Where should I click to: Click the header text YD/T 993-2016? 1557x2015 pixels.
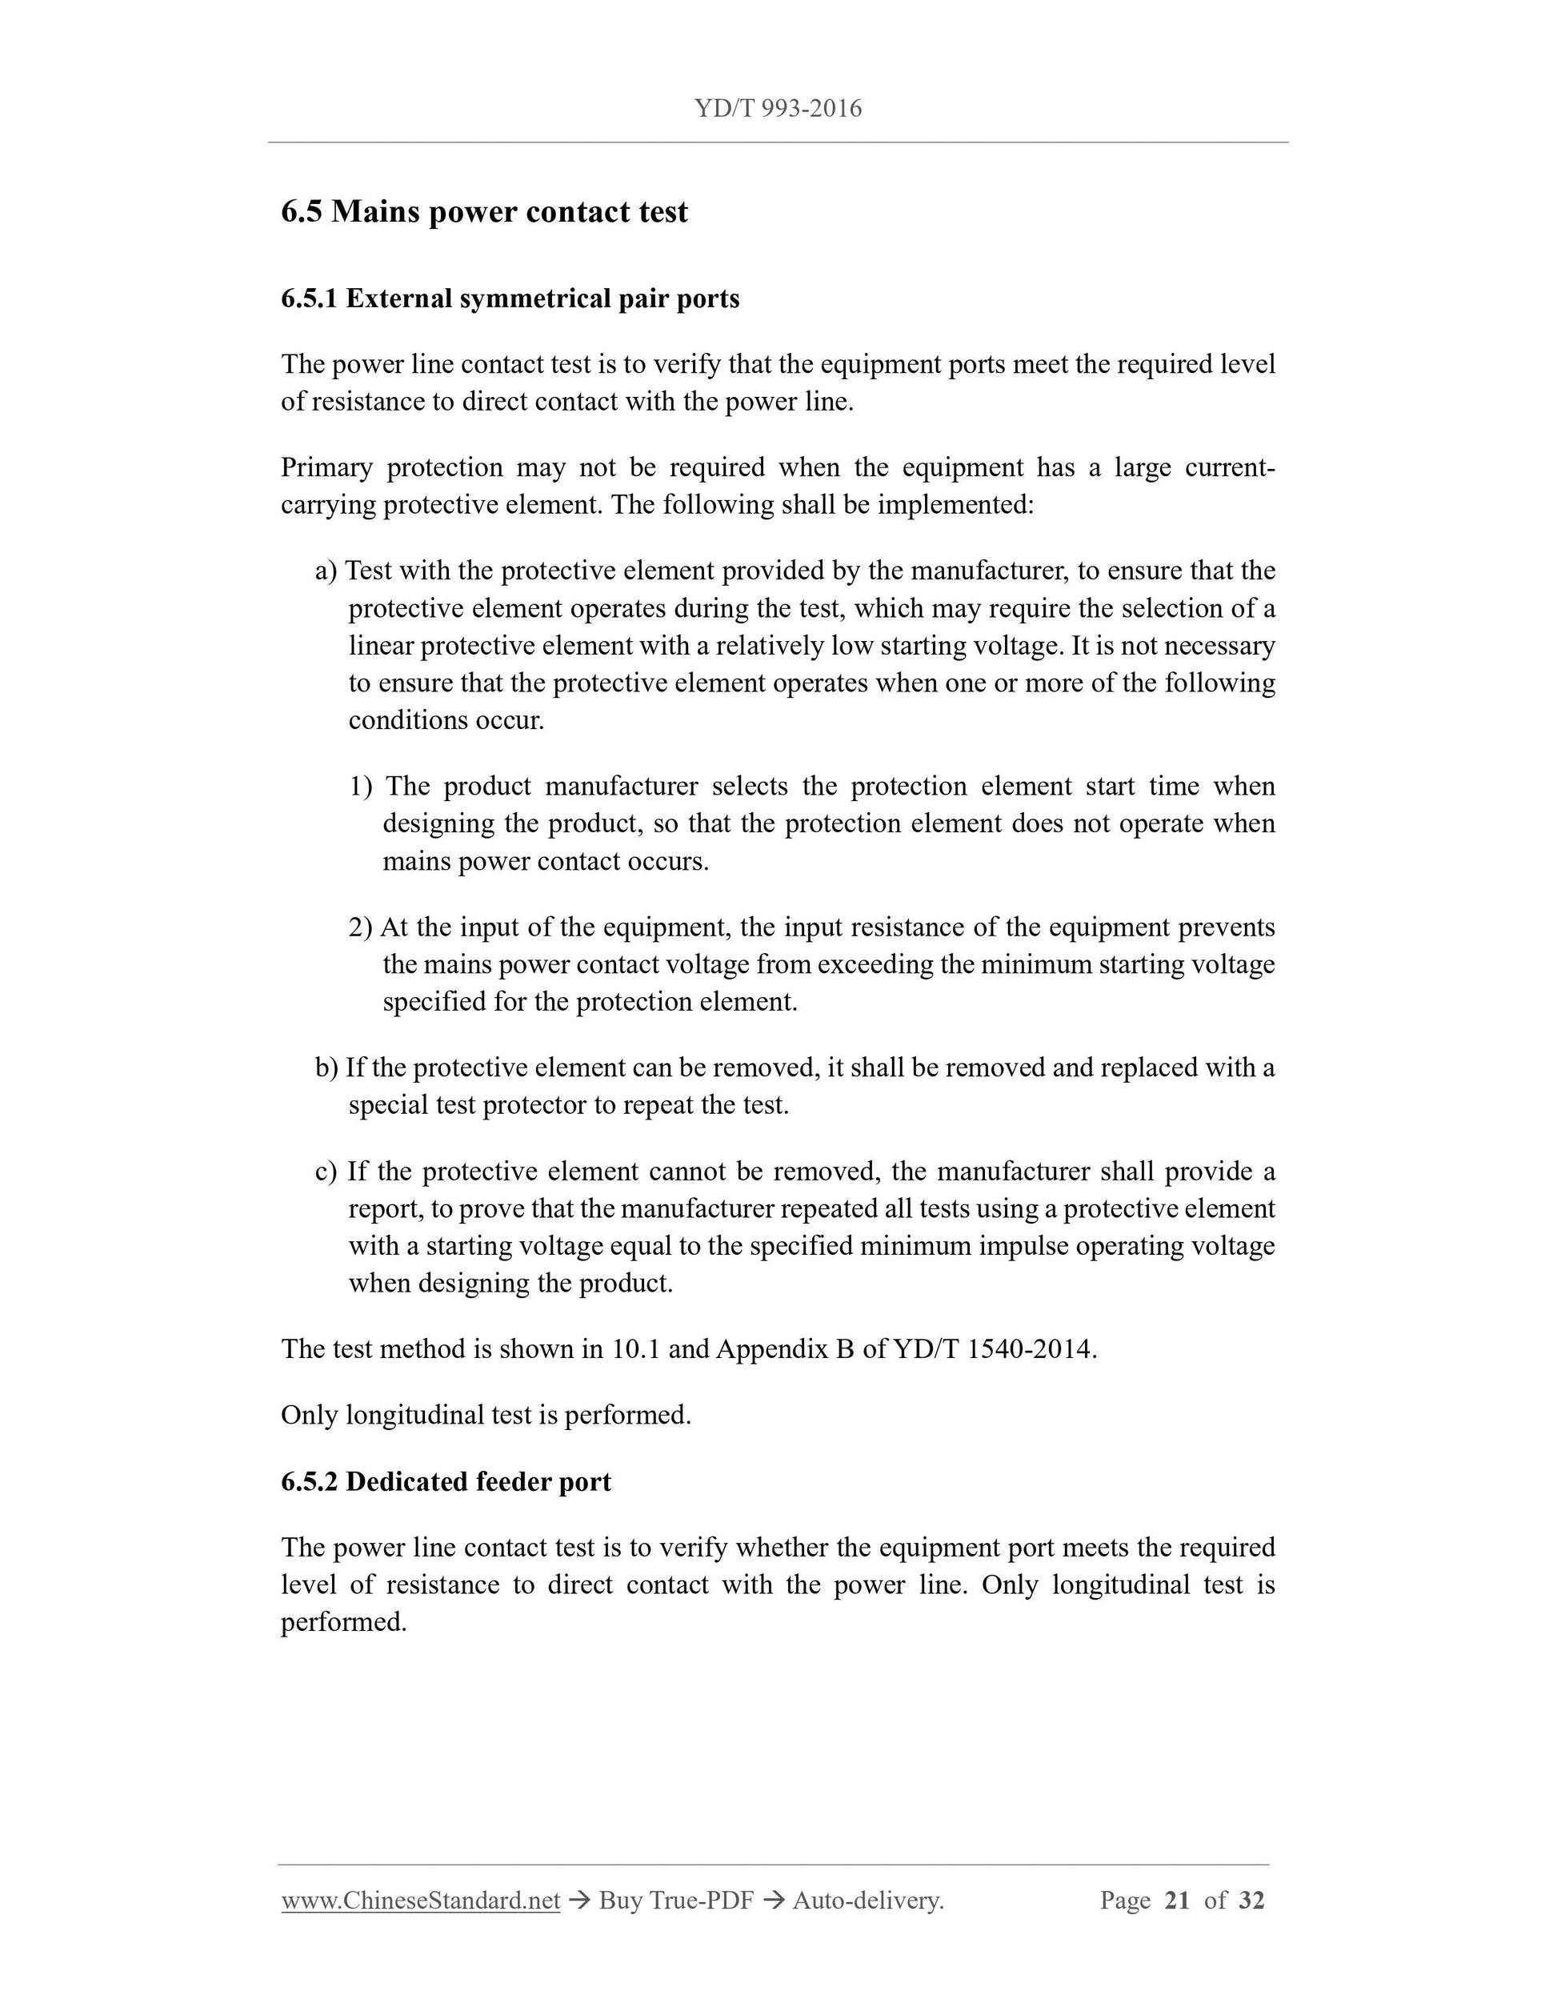[x=778, y=109]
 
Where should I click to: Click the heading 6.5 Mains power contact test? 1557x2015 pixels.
[x=484, y=212]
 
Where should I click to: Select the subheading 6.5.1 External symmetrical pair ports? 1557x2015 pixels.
[x=510, y=299]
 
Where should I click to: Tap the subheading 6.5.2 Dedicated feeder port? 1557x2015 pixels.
[x=446, y=1482]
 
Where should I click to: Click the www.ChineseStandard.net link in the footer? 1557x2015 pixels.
[x=421, y=1901]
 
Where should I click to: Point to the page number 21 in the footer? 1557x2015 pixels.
[x=1177, y=1901]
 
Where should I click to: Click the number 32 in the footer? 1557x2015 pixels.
[x=1251, y=1901]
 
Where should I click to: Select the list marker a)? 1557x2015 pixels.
[x=326, y=571]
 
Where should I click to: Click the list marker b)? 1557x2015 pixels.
[x=326, y=1068]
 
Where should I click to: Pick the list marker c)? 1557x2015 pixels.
[x=326, y=1172]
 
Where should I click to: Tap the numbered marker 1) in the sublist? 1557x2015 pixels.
[x=361, y=787]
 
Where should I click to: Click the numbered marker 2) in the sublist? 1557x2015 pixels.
[x=361, y=927]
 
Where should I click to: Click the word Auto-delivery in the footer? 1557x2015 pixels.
[x=867, y=1901]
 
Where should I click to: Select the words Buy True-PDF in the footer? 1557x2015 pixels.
[x=676, y=1901]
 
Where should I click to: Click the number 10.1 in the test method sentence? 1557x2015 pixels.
[x=635, y=1350]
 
